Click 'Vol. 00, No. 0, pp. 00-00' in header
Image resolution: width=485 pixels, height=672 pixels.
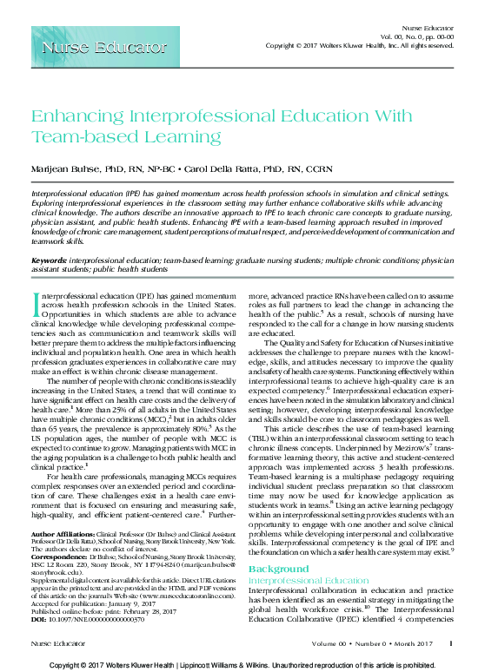(418, 36)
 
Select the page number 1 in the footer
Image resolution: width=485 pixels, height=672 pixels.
(450, 643)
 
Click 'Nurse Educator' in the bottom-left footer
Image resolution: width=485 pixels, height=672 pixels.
(53, 643)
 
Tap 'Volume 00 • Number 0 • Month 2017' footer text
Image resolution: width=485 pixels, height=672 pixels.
(379, 643)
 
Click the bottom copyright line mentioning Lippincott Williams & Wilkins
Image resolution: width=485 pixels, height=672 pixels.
(242, 664)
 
